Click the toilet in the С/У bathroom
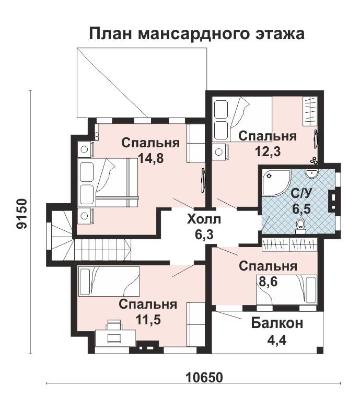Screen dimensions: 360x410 click(300, 227)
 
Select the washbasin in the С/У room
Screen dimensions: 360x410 click(311, 173)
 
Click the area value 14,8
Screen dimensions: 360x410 click(150, 158)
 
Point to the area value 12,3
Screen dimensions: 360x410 click(268, 151)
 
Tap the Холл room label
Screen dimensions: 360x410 click(204, 219)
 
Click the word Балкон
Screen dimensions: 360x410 click(277, 323)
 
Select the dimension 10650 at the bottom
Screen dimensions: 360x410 click(204, 377)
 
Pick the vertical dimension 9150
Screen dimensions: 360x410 click(21, 214)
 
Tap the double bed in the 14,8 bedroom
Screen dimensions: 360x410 click(108, 183)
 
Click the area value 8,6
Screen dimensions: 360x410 click(268, 282)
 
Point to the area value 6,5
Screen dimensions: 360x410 click(301, 209)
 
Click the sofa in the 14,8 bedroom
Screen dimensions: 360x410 click(195, 143)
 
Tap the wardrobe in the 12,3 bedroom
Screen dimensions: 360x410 click(310, 111)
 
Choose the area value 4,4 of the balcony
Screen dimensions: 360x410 click(277, 340)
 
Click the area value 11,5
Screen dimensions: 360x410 click(148, 319)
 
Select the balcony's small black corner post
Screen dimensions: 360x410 click(320, 349)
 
